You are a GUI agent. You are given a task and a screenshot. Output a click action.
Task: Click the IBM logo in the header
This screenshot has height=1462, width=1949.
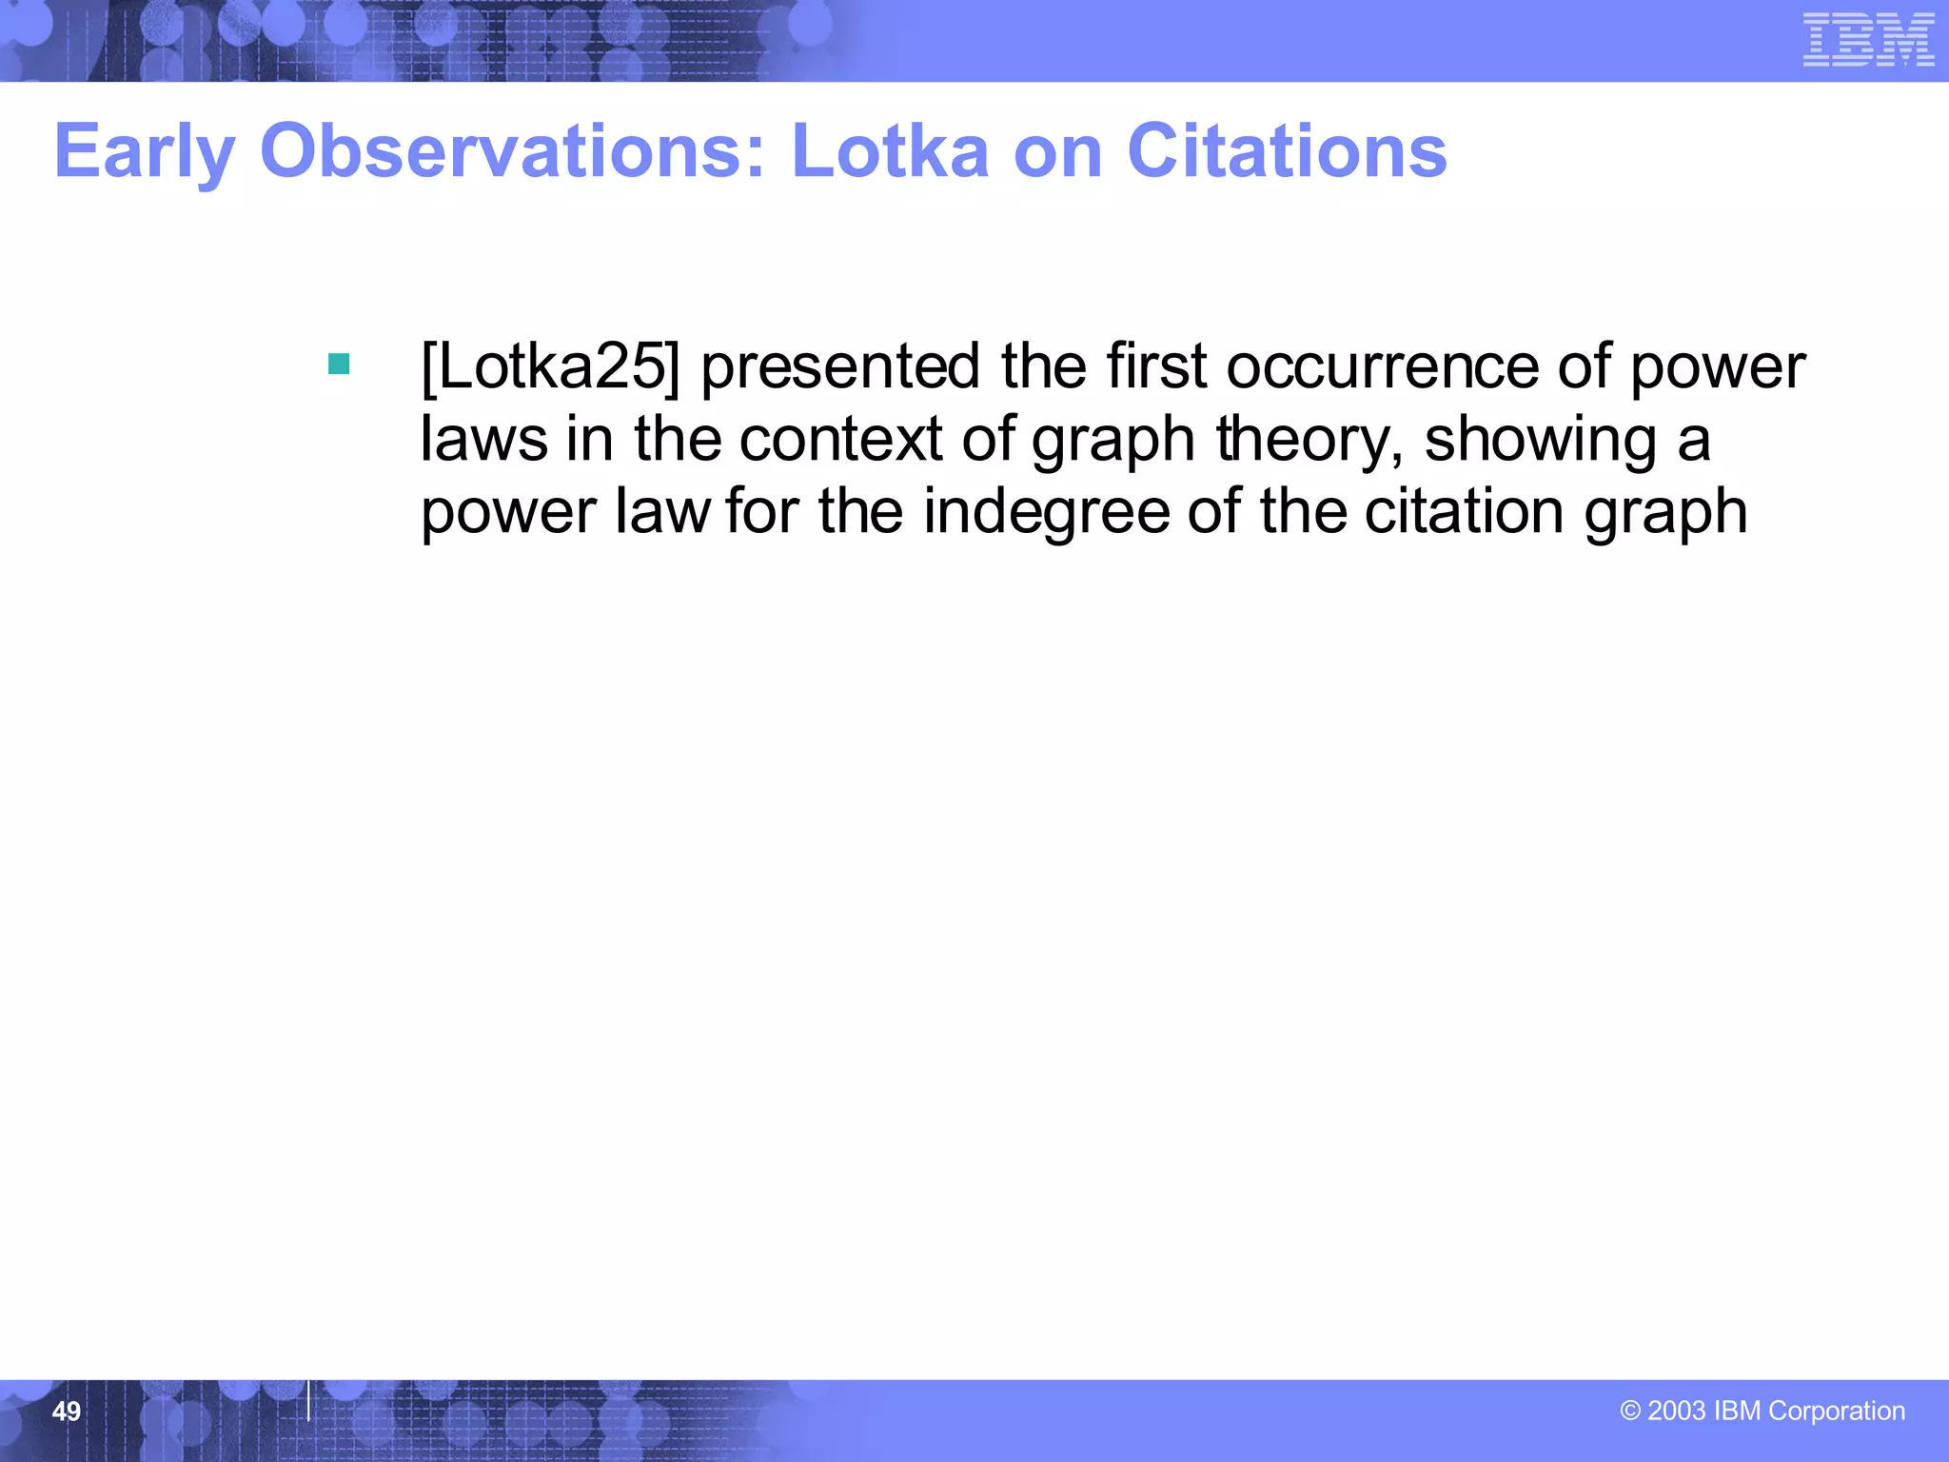(x=1868, y=40)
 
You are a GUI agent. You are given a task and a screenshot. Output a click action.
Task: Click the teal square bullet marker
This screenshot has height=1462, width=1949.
(x=339, y=364)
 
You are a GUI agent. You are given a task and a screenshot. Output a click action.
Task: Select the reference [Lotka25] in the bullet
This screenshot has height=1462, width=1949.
(x=551, y=366)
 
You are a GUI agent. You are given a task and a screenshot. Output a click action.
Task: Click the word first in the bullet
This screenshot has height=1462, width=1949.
(x=1155, y=366)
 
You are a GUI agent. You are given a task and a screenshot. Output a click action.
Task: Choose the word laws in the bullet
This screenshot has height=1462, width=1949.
(x=484, y=440)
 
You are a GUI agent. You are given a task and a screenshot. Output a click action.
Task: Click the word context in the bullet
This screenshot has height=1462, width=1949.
(x=839, y=440)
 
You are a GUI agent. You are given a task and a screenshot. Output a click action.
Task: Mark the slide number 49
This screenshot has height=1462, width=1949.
(x=67, y=1412)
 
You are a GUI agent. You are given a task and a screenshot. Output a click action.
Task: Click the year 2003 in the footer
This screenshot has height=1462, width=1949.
(x=1676, y=1411)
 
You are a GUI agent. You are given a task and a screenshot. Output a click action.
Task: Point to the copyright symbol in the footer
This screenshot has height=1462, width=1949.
(x=1630, y=1411)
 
